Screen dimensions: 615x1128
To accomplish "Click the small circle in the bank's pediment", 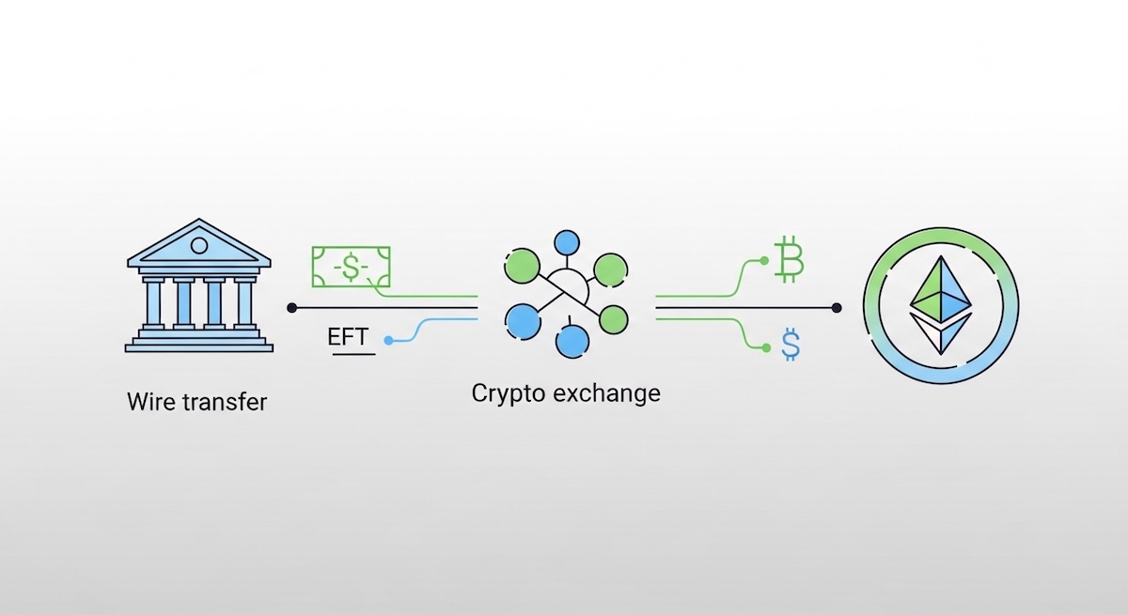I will [198, 245].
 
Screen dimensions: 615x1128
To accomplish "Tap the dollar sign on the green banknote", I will [351, 268].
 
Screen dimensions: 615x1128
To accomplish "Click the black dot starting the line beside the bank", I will [291, 307].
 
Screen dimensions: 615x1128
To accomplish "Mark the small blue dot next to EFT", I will [387, 340].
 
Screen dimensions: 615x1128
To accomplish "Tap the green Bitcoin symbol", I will [789, 261].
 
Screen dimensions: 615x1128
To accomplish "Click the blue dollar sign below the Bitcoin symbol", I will [791, 346].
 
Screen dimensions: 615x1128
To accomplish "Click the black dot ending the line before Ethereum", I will [837, 307].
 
